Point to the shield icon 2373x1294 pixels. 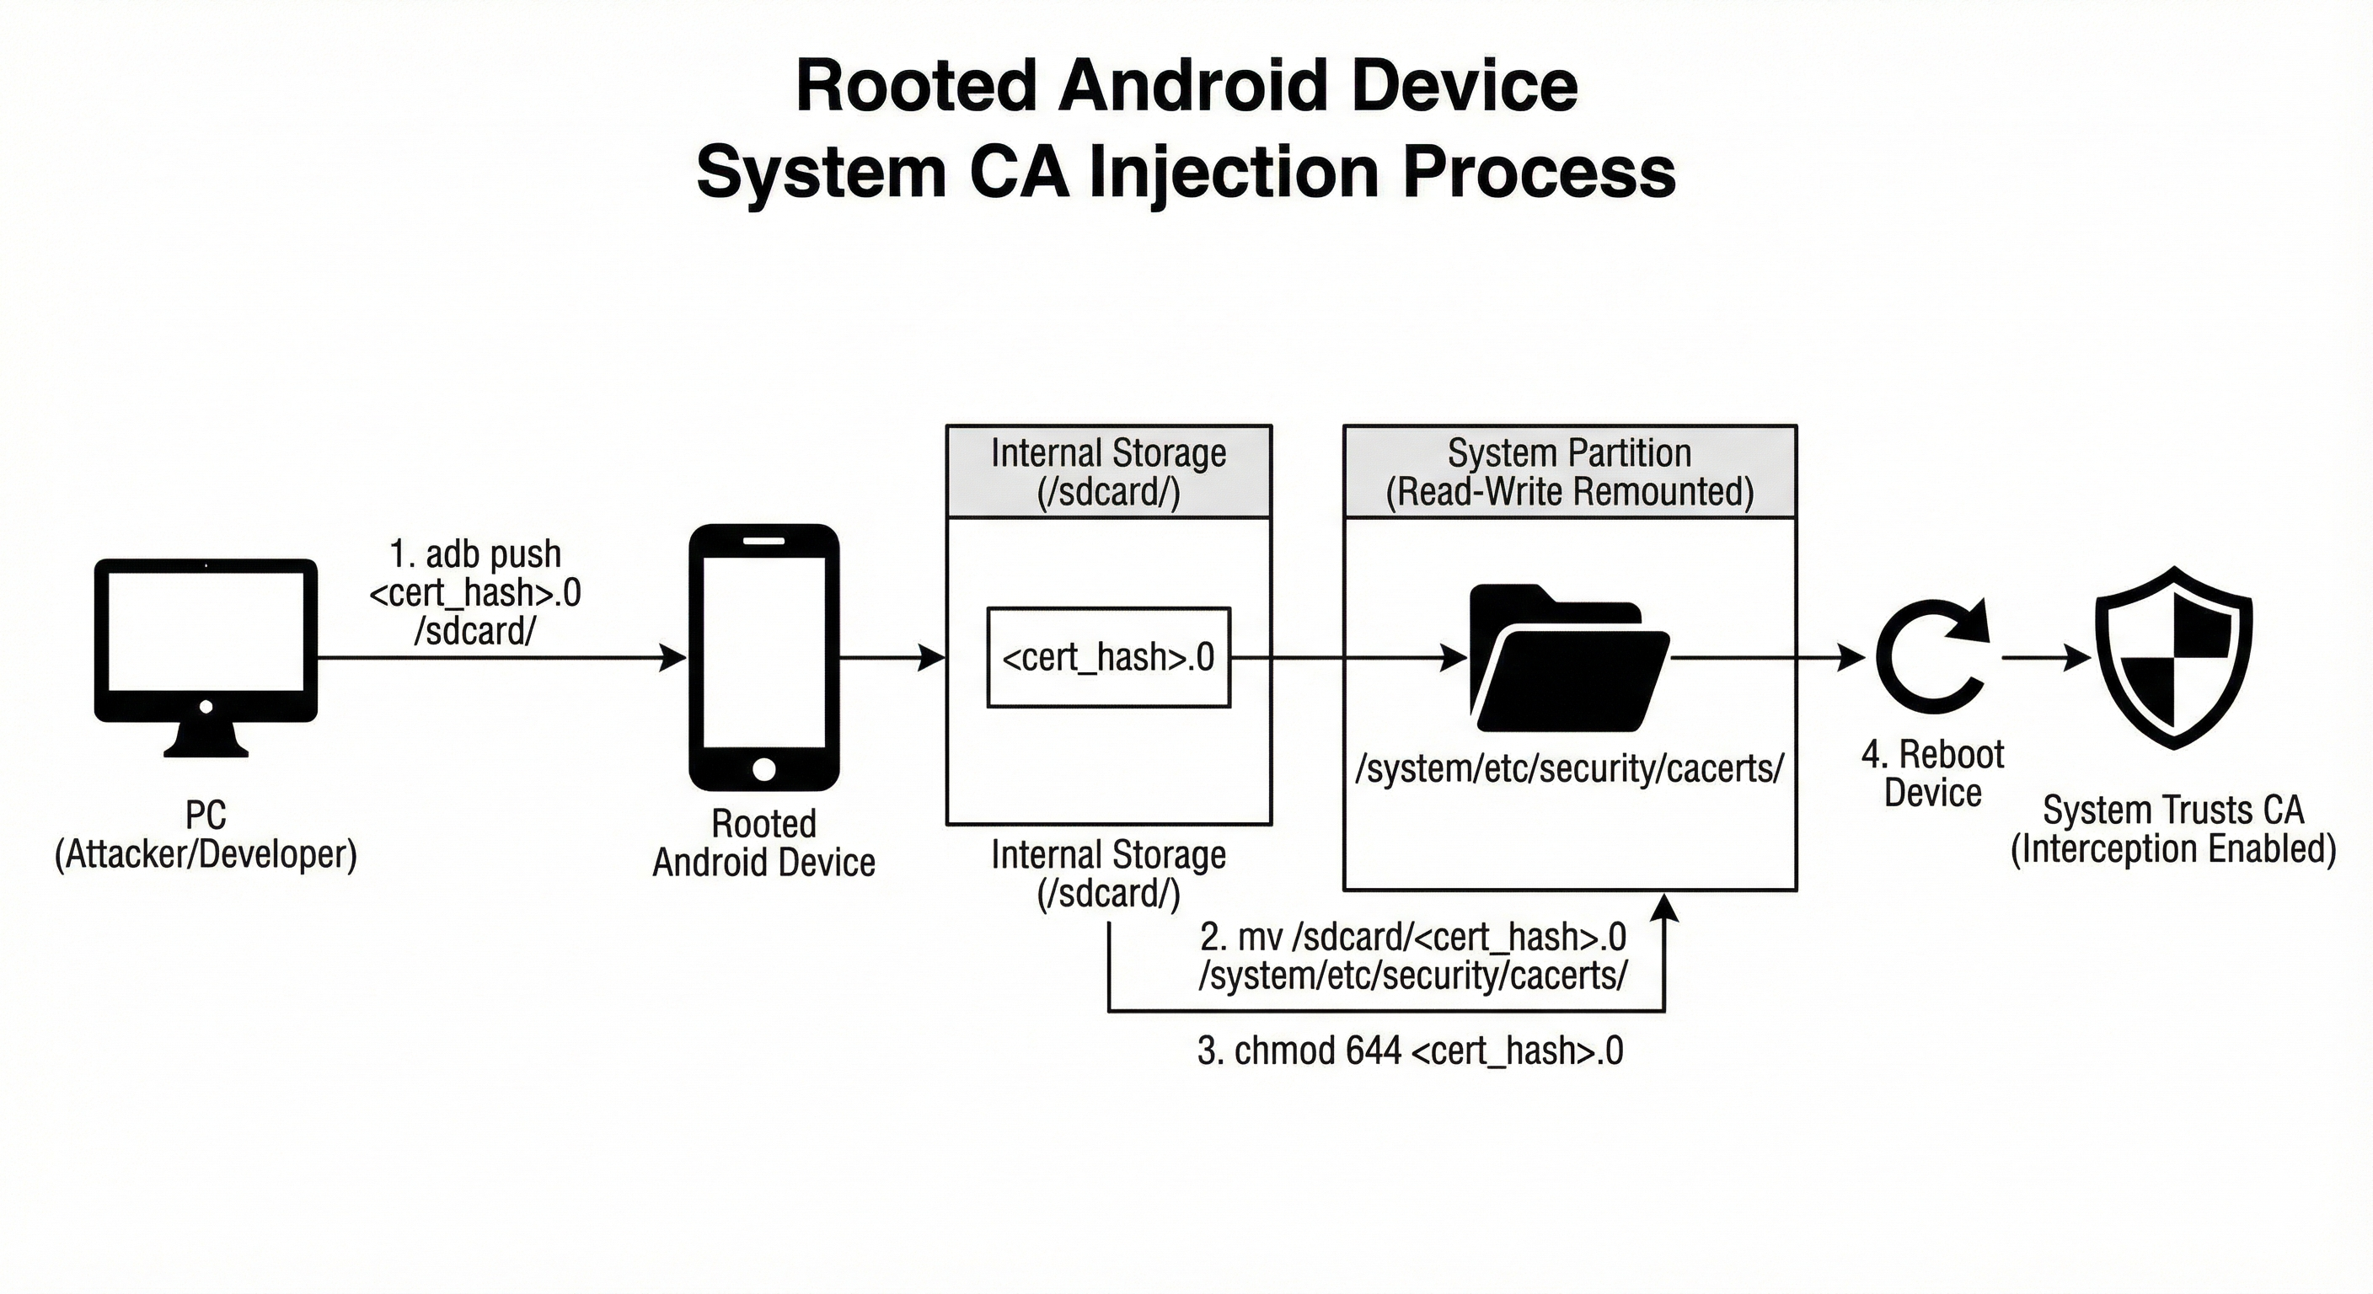[2174, 658]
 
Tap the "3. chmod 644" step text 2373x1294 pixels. [1410, 1051]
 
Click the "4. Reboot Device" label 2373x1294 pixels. [1932, 773]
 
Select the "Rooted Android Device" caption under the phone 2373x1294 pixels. [763, 842]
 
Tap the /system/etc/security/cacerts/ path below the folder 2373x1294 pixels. [1570, 768]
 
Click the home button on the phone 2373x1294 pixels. [763, 769]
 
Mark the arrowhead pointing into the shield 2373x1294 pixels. [2078, 658]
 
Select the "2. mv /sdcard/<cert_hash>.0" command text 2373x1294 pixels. [1413, 938]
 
